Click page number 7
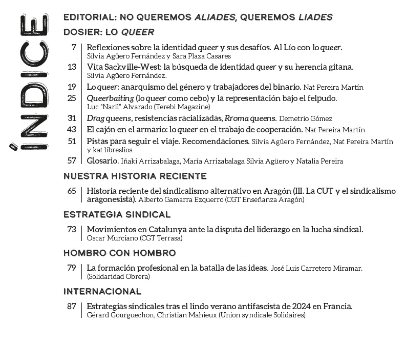[74, 47]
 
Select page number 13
[72, 67]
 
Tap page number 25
[72, 98]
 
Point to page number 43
[72, 129]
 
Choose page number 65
[72, 191]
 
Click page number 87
[72, 306]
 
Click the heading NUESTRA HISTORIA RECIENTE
[135, 176]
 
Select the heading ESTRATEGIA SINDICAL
[117, 215]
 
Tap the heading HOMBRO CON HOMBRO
[119, 253]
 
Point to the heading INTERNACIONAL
[102, 292]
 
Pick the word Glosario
[102, 160]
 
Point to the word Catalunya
[154, 229]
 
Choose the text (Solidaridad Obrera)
[118, 276]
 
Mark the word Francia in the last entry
[338, 306]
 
